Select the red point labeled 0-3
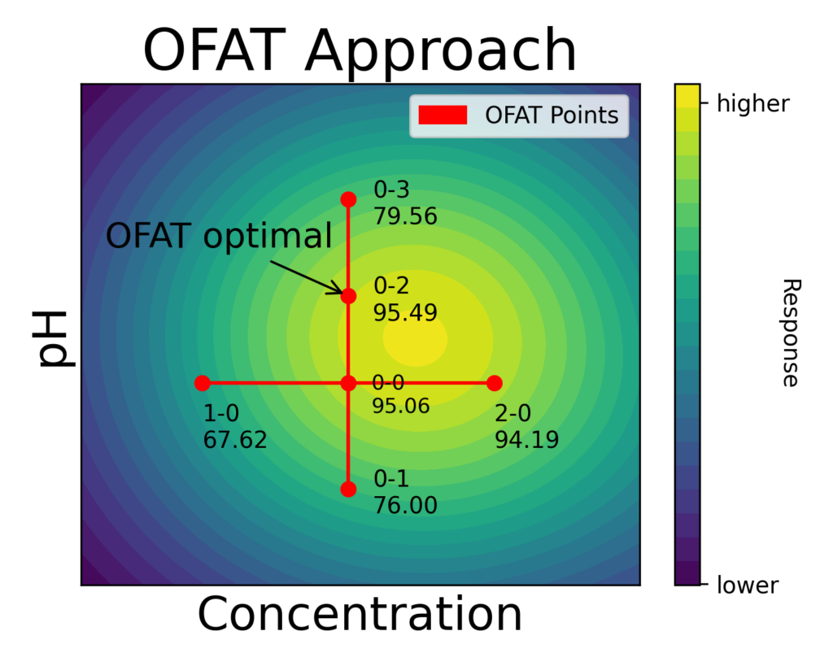348,199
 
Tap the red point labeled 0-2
348,296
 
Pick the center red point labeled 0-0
348,383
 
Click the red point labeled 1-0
203,383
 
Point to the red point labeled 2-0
494,383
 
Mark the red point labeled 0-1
348,489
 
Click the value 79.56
405,217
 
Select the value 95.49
405,313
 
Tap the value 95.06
400,406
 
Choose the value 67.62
234,440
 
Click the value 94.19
526,440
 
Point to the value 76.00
405,505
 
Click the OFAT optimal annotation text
219,237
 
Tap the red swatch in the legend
443,115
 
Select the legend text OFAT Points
552,115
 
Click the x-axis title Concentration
360,615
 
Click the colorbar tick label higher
752,104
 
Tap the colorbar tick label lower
748,585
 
